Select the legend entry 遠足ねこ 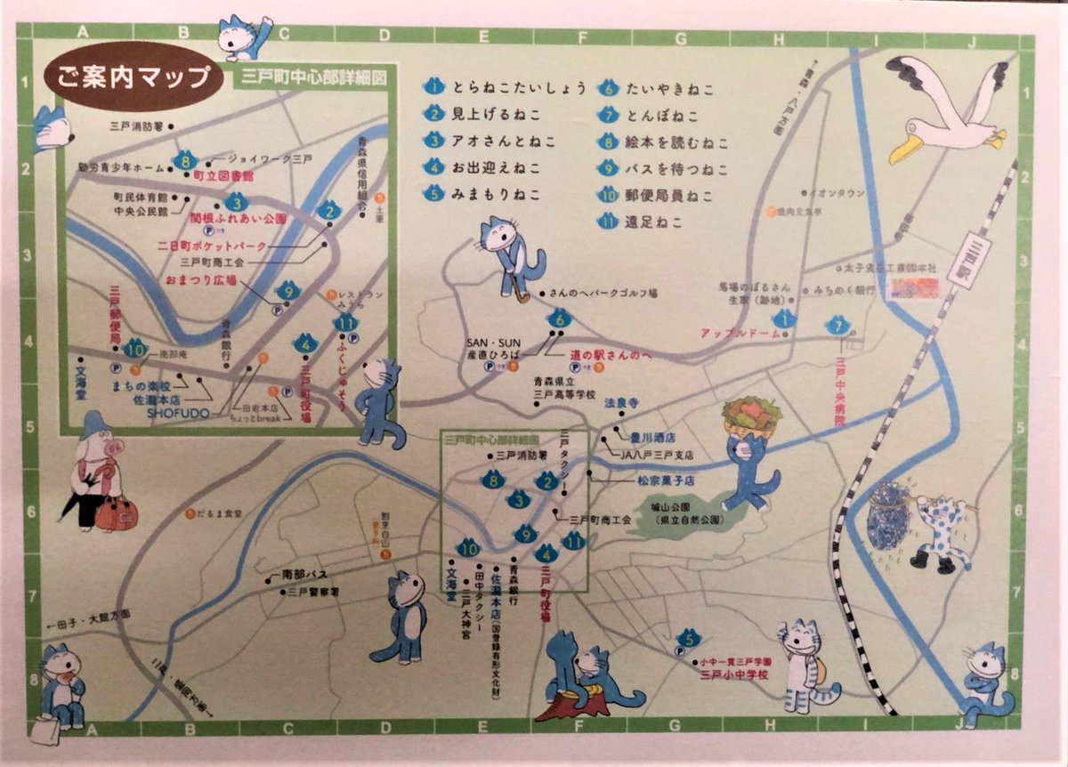(653, 222)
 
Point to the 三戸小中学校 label (733, 675)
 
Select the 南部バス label (305, 575)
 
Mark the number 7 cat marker (836, 327)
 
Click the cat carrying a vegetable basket (750, 453)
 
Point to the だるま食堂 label (219, 513)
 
